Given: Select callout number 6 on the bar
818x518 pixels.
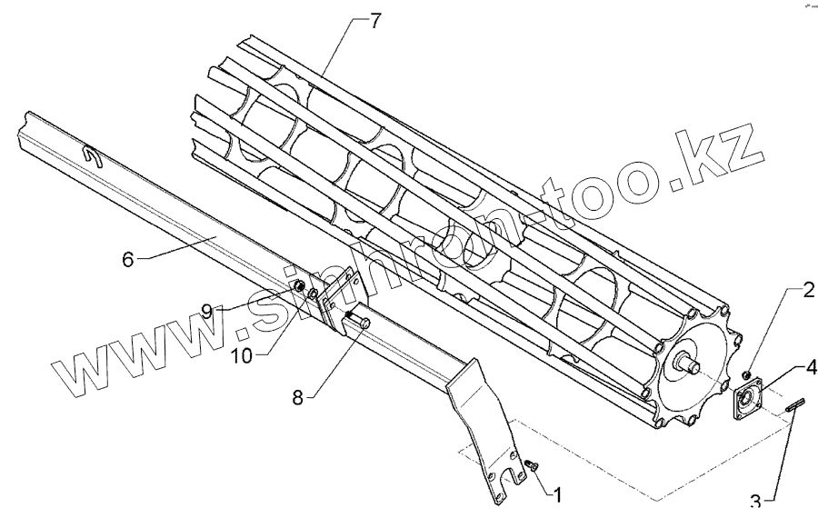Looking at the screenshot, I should (127, 259).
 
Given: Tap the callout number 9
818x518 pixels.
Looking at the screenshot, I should (207, 310).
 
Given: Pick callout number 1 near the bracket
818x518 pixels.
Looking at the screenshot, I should (557, 496).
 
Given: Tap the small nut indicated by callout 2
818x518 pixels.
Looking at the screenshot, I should (745, 374).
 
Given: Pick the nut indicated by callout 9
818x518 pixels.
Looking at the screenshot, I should (297, 286).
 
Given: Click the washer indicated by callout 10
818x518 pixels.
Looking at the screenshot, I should (312, 294).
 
